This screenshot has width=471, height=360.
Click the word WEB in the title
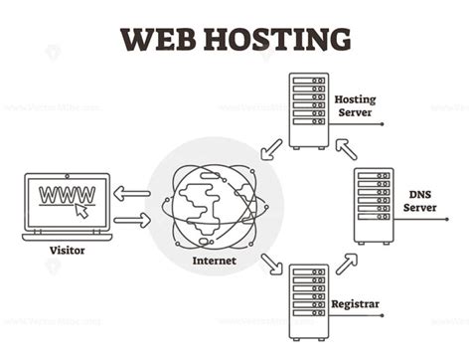point(159,39)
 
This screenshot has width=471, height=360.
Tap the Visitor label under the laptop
point(67,251)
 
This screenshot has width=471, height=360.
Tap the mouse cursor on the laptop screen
point(81,210)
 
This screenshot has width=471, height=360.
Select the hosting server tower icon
point(308,110)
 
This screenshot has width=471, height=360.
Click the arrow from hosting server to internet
point(269,149)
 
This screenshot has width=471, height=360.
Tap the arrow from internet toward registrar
point(270,264)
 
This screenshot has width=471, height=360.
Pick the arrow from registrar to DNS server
point(346,263)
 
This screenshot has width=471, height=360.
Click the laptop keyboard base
point(67,236)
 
